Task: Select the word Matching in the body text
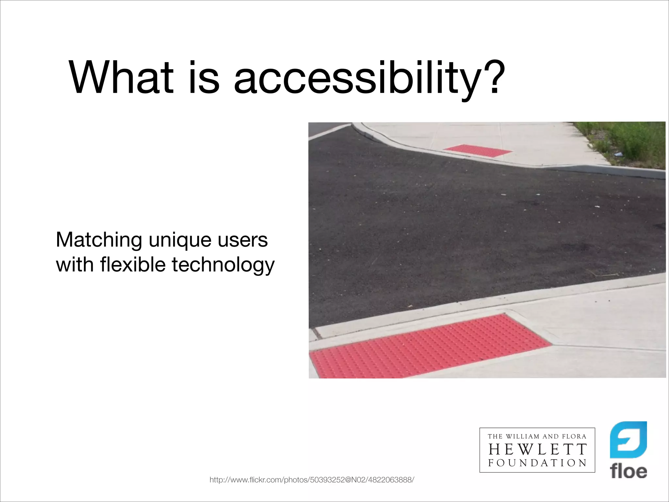click(x=99, y=240)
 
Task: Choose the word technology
click(x=223, y=265)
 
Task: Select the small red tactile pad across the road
click(x=478, y=150)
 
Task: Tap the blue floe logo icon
click(x=628, y=440)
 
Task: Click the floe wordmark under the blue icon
click(x=628, y=471)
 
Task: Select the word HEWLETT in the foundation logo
click(x=537, y=449)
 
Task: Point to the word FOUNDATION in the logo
click(x=537, y=463)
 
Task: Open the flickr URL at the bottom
click(x=312, y=480)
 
